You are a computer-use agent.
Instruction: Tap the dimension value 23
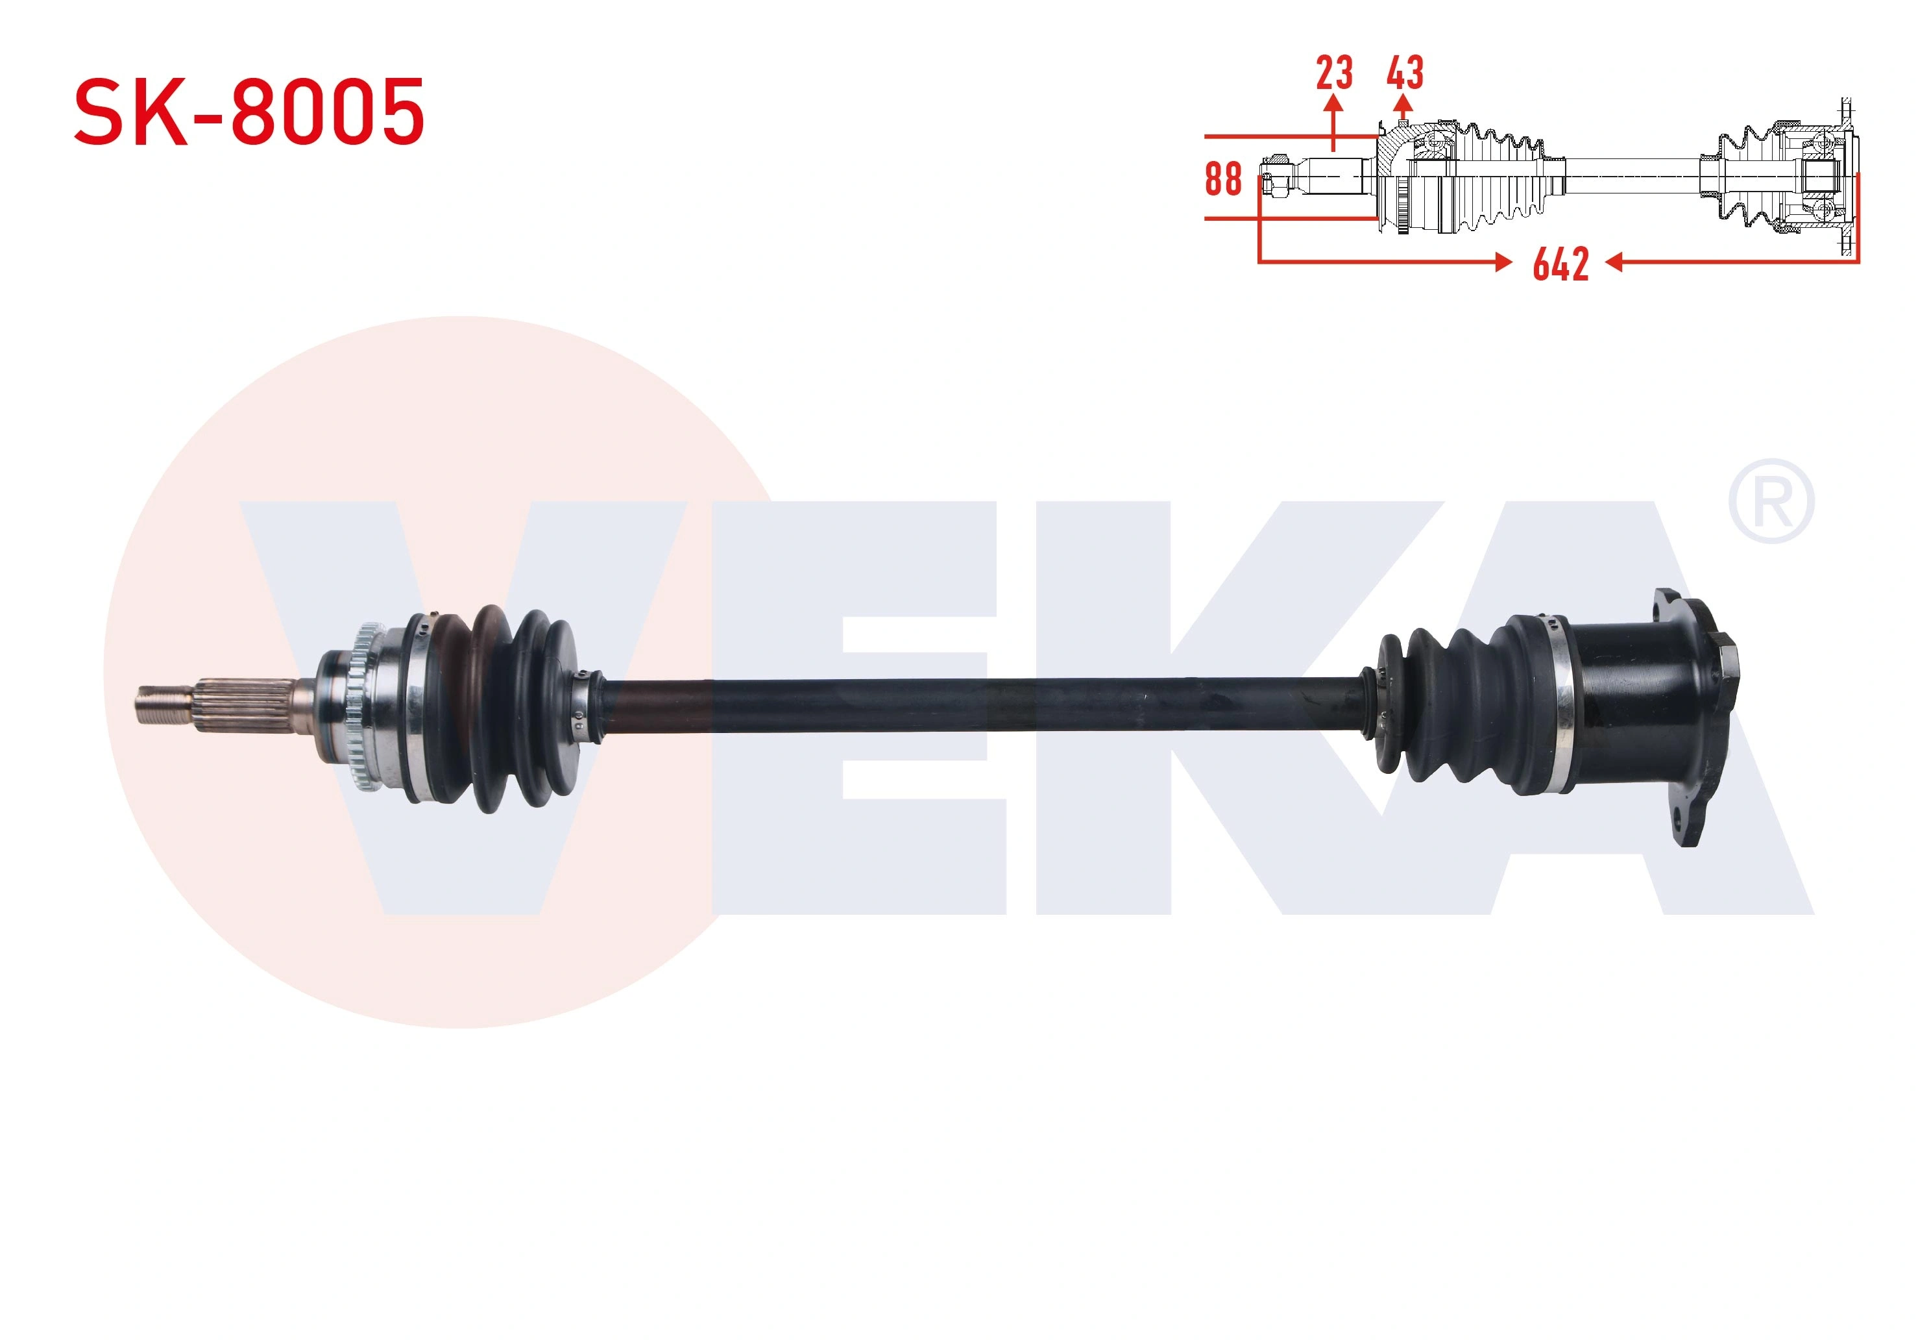(1334, 73)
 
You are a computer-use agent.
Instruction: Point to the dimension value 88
(1223, 178)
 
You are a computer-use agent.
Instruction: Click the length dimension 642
(1560, 264)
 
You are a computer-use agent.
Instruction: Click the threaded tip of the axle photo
(165, 704)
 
